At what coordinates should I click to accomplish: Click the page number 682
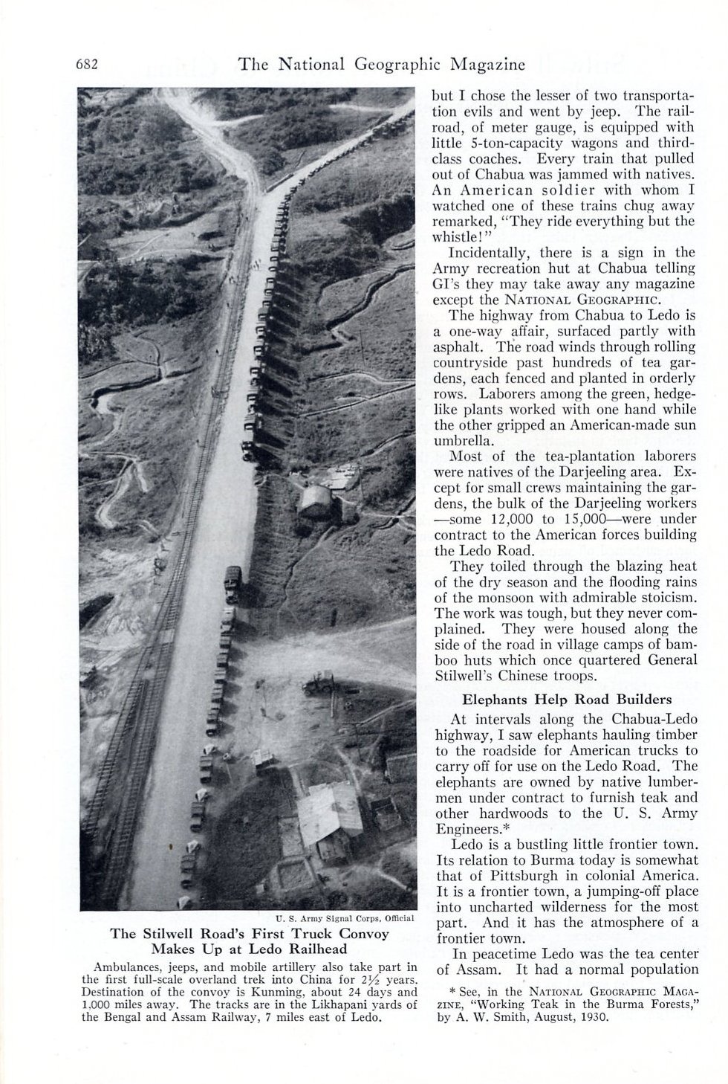click(x=88, y=64)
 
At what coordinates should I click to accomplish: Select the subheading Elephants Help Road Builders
click(x=568, y=699)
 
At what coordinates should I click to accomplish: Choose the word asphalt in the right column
click(x=460, y=347)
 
